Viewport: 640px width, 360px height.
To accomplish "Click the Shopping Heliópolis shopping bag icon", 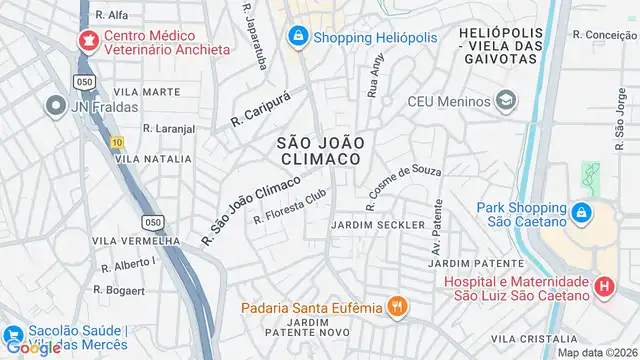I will [297, 37].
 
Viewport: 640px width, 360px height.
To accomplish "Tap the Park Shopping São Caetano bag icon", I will [581, 212].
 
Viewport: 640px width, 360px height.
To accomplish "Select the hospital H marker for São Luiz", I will [603, 287].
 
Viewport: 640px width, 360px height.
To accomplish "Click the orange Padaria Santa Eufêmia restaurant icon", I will [397, 306].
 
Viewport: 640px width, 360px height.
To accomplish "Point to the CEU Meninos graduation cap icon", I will [507, 101].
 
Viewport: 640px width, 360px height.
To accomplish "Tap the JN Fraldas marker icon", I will [52, 104].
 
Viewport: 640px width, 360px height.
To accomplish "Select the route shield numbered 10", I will [118, 142].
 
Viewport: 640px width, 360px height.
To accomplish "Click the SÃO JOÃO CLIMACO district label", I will [318, 151].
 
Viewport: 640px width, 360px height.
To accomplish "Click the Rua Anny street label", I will [376, 75].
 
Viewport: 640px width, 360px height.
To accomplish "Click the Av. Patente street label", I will [436, 237].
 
